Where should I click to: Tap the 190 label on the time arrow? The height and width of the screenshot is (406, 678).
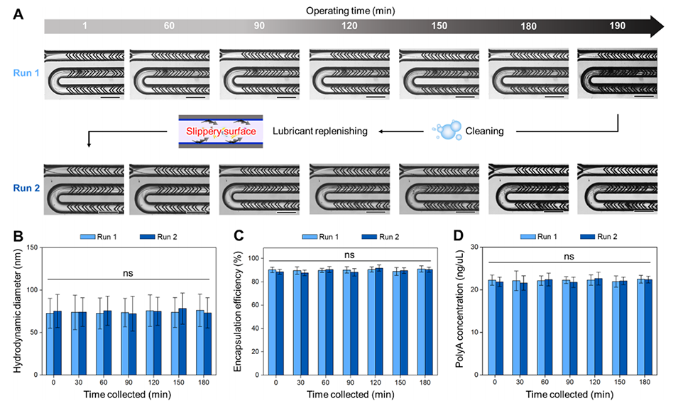(x=618, y=26)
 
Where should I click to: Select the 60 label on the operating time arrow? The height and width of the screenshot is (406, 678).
(x=169, y=26)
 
